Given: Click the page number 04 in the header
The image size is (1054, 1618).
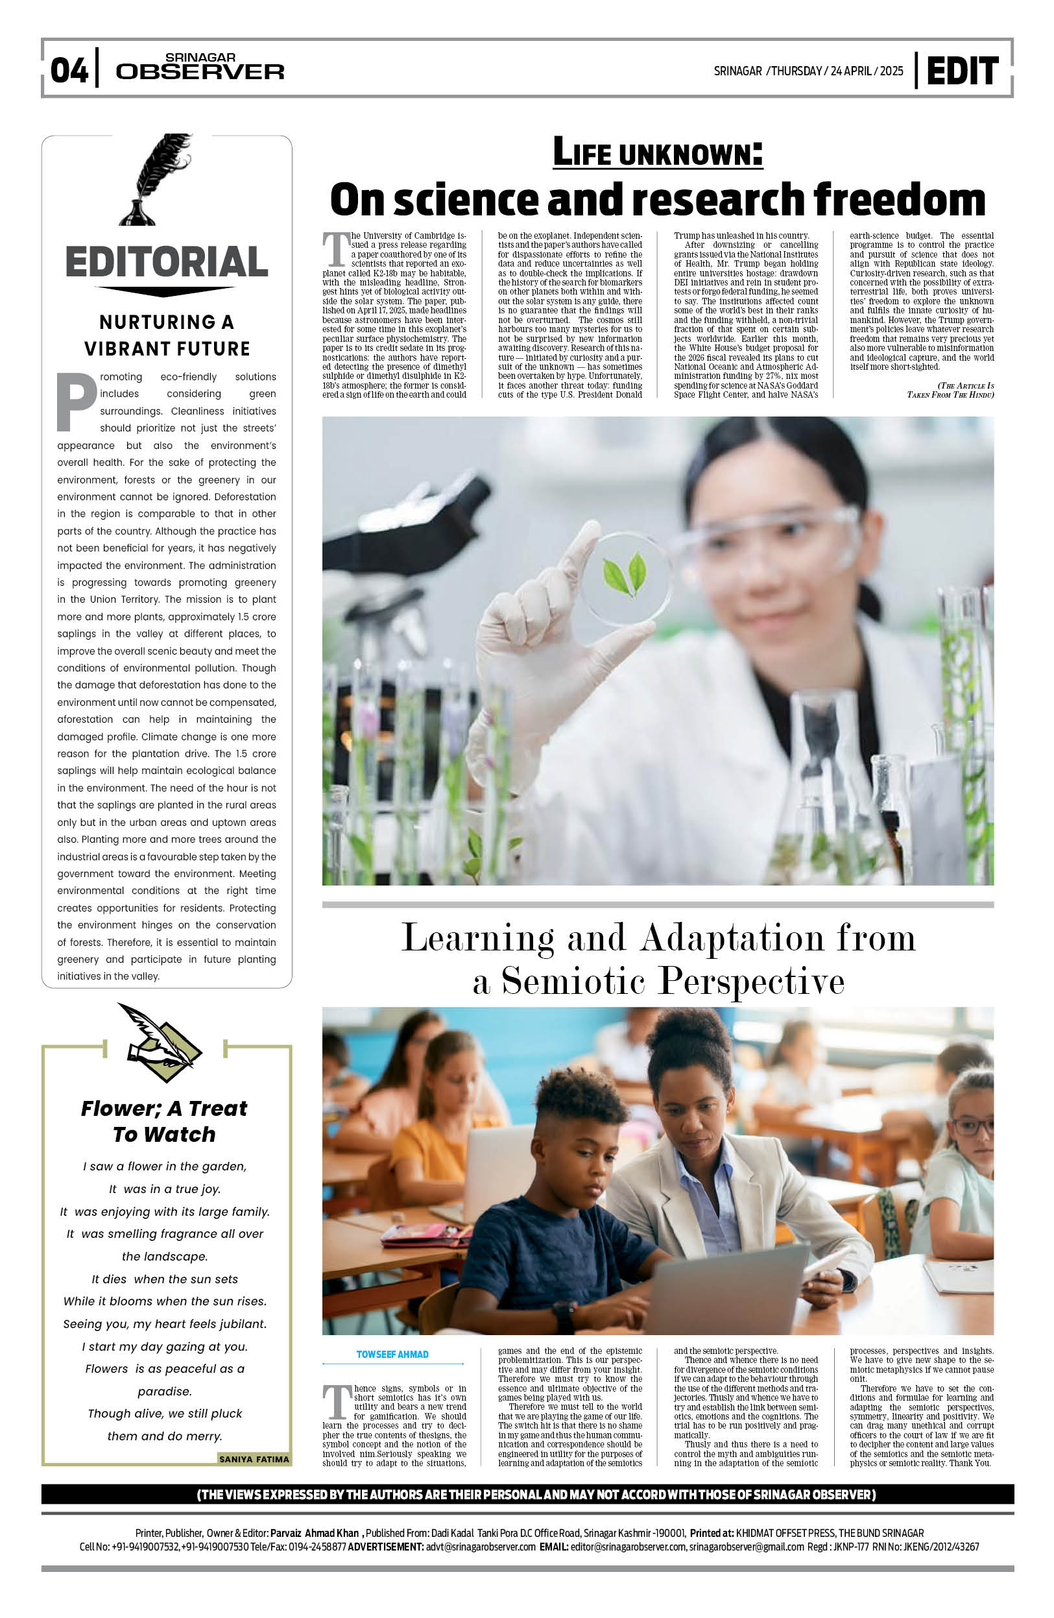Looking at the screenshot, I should pos(69,70).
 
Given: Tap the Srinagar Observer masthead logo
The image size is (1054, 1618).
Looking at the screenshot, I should pos(200,67).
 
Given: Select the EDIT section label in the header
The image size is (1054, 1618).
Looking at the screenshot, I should pos(962,71).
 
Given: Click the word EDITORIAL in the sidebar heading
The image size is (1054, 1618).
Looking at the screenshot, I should pos(167,262).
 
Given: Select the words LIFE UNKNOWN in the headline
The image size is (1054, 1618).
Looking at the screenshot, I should pos(657,152).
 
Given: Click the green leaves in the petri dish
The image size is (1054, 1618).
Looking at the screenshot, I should pos(625,573).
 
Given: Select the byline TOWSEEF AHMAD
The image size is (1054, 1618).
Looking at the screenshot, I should pos(392,1355).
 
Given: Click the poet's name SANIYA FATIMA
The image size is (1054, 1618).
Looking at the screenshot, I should pos(254,1459).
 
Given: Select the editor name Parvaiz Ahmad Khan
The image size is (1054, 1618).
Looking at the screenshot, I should pos(314,1533).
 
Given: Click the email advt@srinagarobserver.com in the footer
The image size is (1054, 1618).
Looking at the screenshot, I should pos(481,1547).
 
